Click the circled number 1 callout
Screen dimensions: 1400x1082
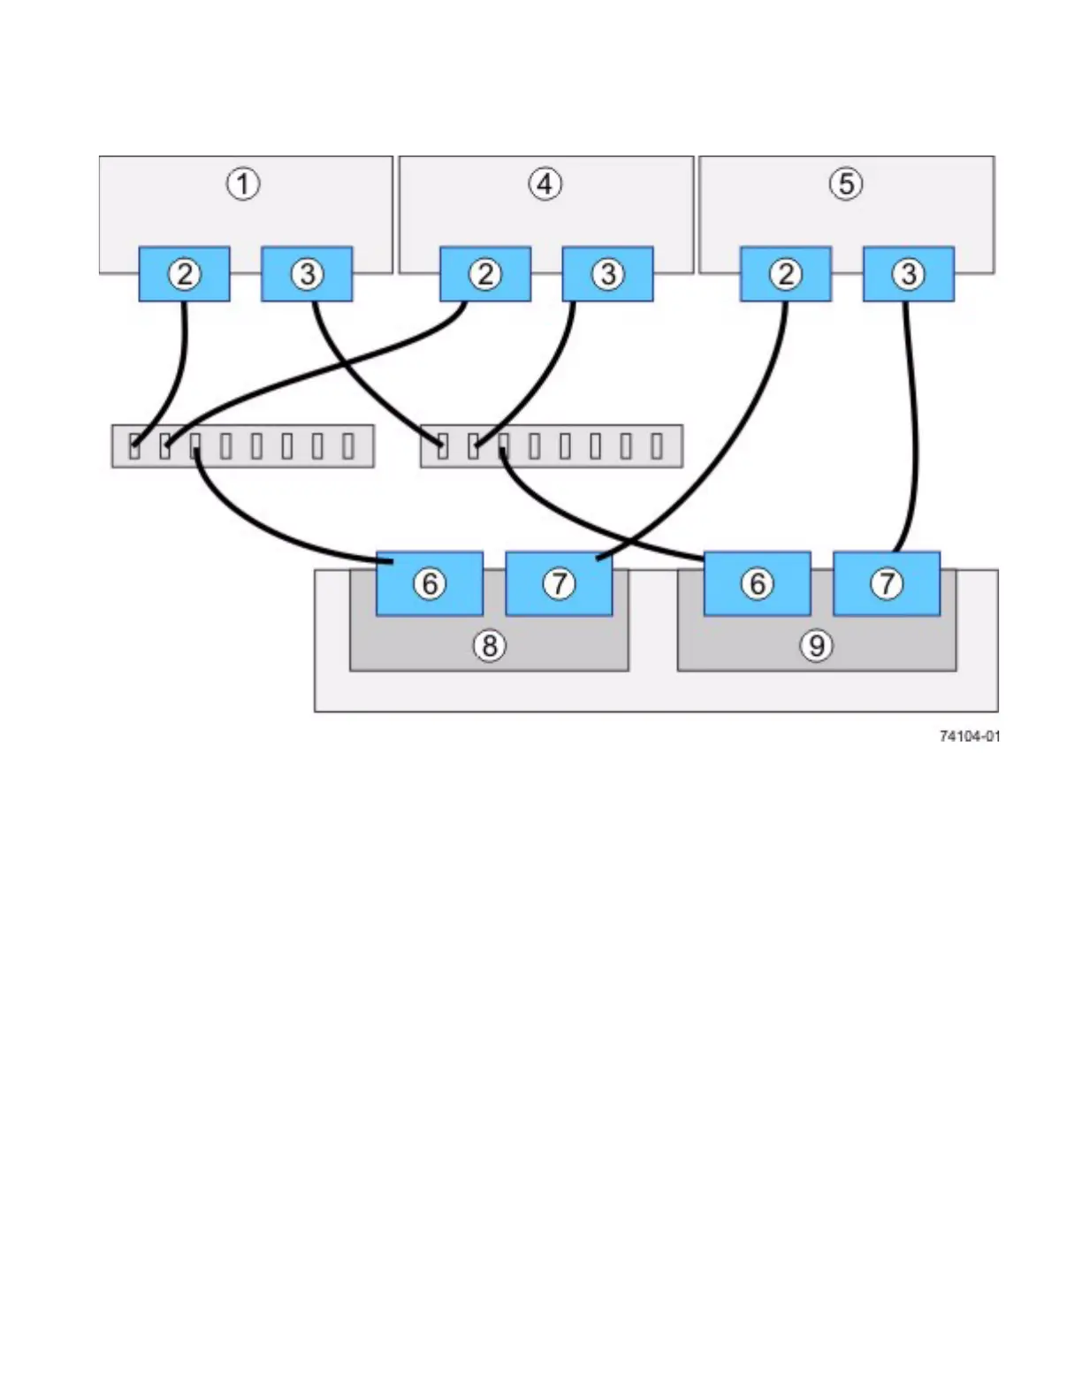(x=243, y=184)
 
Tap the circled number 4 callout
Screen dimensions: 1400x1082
(x=545, y=184)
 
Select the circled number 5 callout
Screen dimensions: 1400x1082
(x=846, y=184)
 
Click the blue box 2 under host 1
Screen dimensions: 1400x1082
(x=184, y=274)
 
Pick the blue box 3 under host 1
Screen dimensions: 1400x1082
(x=307, y=274)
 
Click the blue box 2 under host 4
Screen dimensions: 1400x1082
(x=485, y=274)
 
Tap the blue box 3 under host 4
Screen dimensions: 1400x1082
(x=607, y=274)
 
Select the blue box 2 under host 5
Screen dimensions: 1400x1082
(x=785, y=274)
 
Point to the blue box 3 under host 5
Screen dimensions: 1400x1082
(x=908, y=274)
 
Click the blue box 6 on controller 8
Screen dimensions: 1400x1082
(x=430, y=583)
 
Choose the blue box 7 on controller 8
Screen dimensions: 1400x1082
(x=559, y=583)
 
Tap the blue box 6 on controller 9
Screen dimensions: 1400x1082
(x=757, y=583)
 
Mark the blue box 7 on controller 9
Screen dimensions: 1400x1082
(x=886, y=583)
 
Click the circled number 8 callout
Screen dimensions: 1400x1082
(x=489, y=646)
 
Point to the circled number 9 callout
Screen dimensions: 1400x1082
(x=816, y=646)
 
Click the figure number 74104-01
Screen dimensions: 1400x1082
(x=970, y=736)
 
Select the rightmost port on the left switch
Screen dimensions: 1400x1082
(x=348, y=445)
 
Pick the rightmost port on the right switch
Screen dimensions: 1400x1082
(x=657, y=445)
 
